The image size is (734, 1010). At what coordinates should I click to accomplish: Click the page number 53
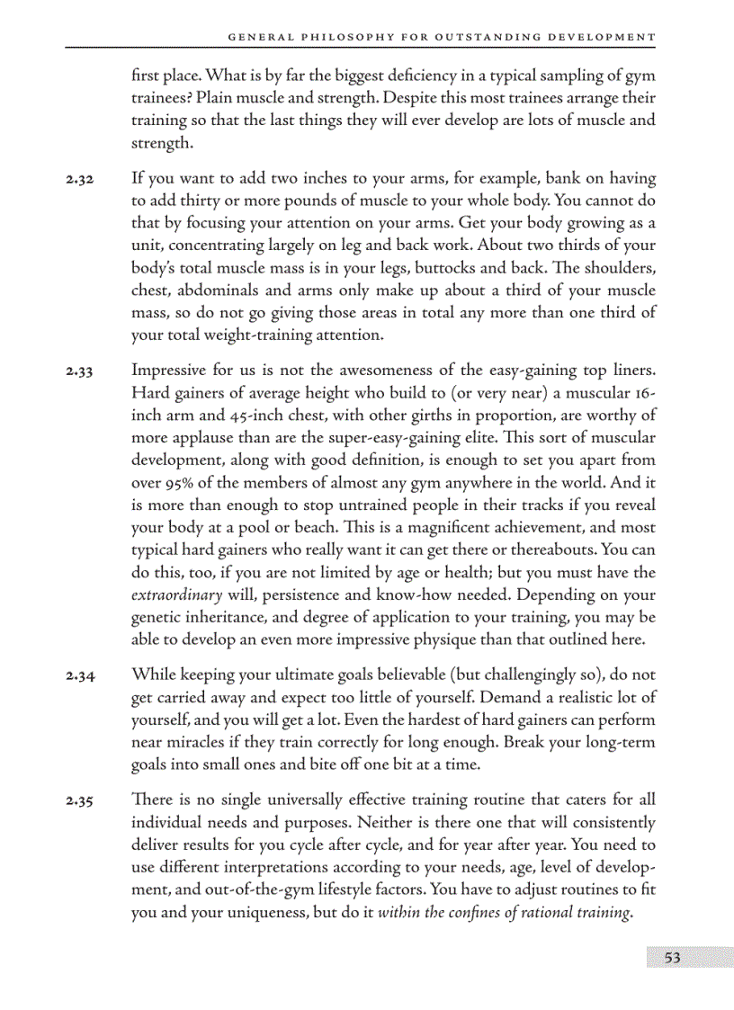[672, 958]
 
